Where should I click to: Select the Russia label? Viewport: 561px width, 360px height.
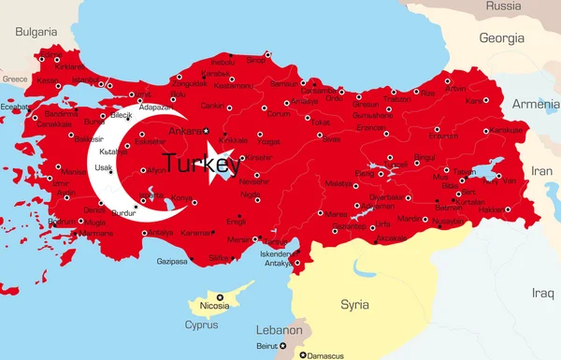(503, 7)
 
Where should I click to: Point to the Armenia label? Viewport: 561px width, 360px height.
(534, 103)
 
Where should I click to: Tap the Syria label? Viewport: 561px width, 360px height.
(354, 304)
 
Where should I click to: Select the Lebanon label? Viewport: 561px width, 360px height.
(280, 330)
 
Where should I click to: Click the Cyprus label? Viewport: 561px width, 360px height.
(200, 324)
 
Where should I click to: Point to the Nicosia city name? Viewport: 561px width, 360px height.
(215, 305)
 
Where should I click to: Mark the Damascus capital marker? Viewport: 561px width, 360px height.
(302, 355)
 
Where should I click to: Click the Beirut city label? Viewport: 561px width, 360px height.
(266, 346)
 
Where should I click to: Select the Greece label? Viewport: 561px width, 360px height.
(15, 79)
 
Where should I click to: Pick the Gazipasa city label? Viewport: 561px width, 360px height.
(172, 261)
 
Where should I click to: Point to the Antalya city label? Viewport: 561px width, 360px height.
(161, 232)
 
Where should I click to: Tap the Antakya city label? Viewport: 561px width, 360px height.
(279, 262)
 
